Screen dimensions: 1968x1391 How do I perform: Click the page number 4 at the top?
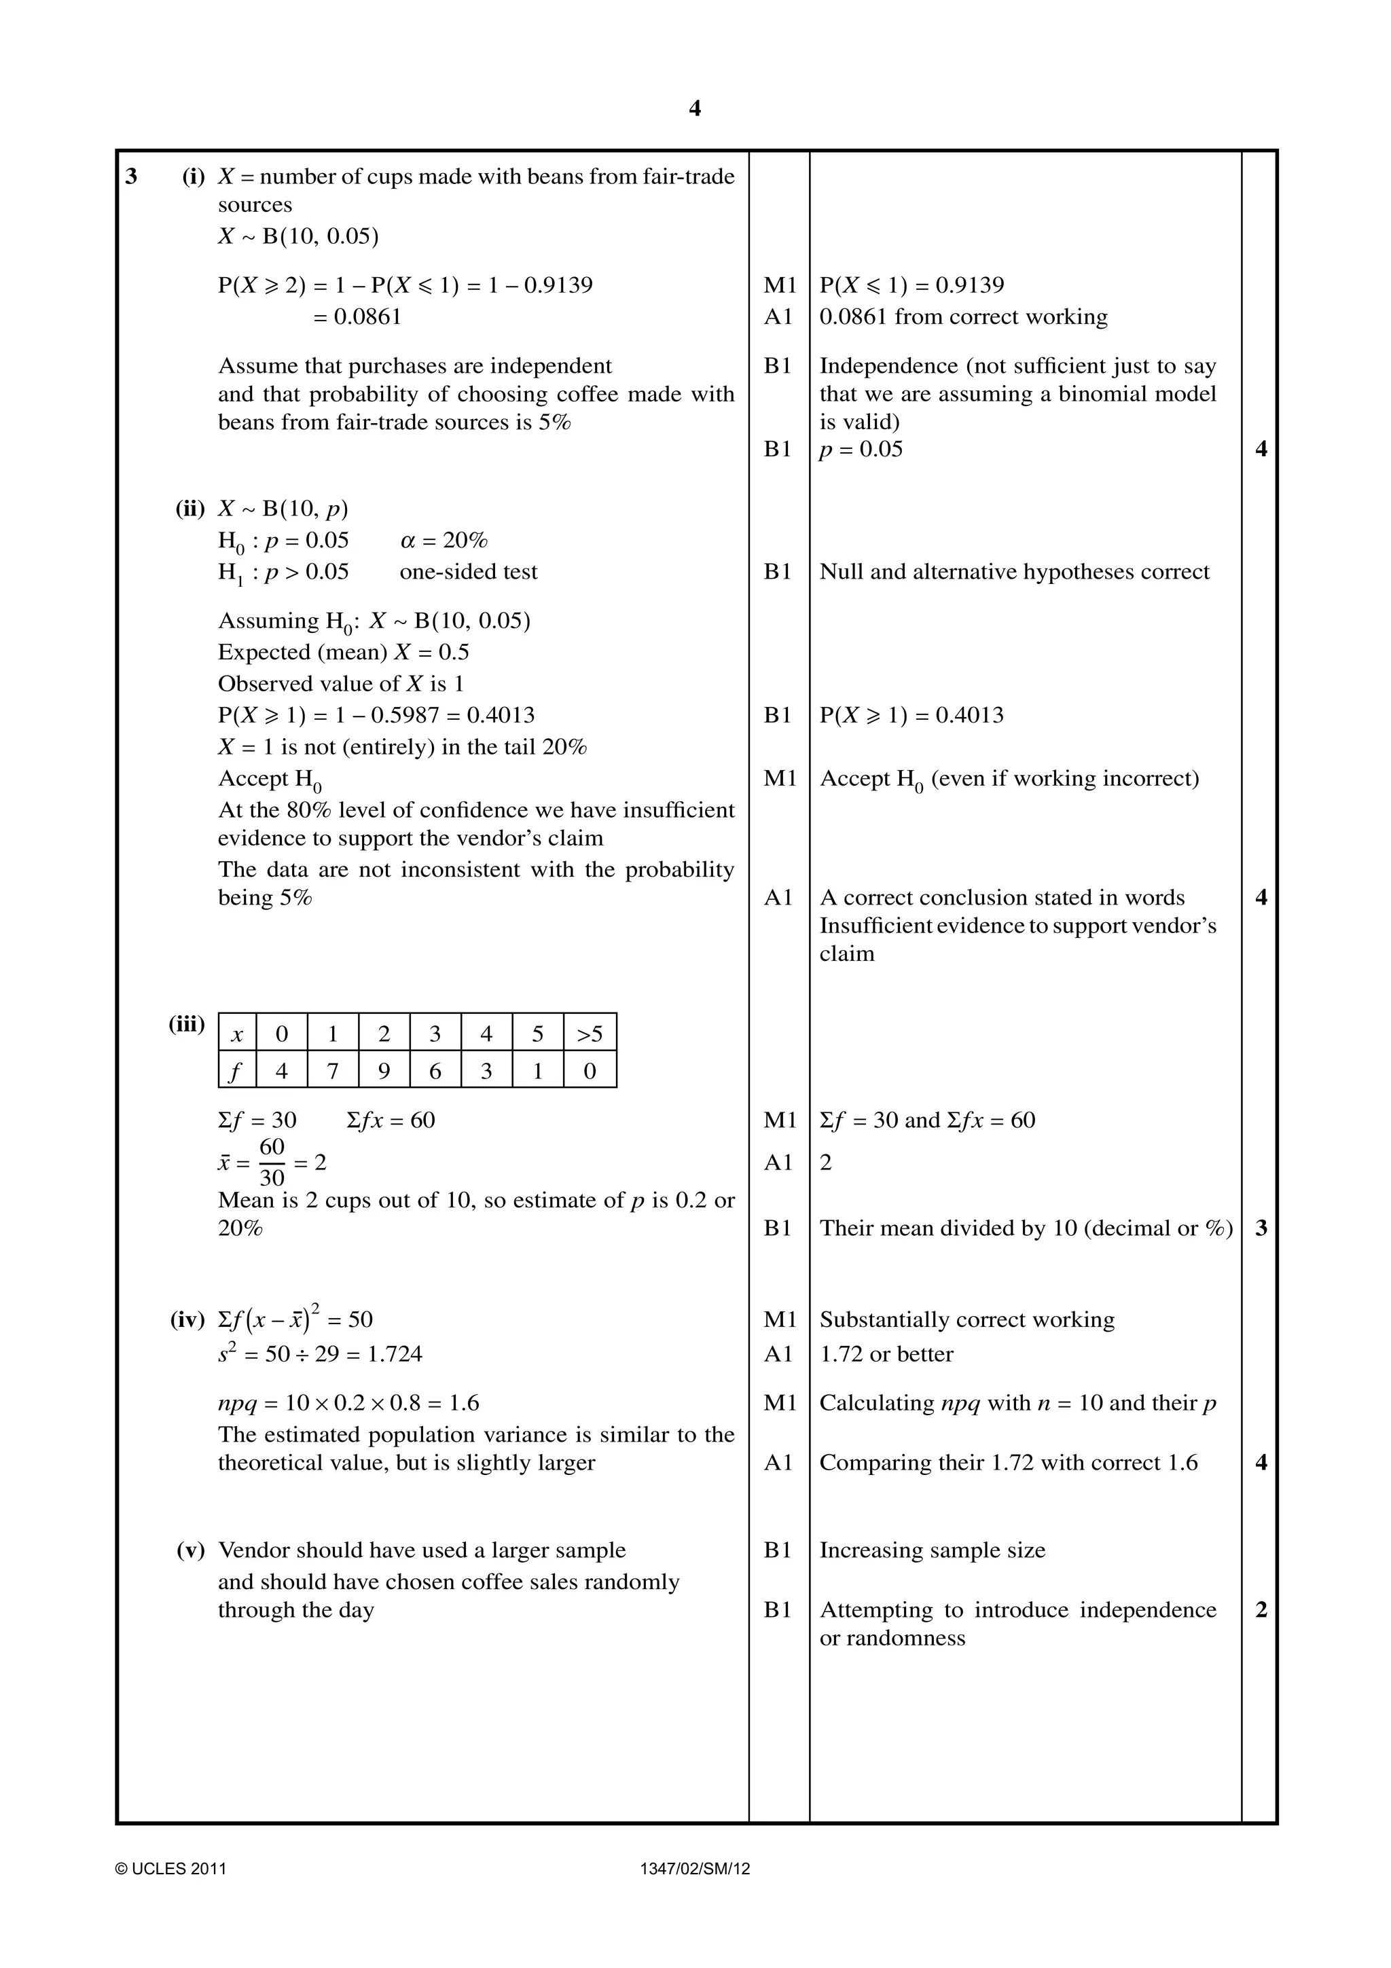coord(694,109)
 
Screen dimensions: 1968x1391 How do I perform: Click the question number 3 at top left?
coord(131,177)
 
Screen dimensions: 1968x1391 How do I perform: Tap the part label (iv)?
coord(187,1319)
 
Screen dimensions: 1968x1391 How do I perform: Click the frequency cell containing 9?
coord(383,1070)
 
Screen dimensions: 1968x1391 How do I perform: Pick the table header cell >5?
coord(589,1034)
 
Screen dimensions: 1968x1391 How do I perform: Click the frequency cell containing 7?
coord(333,1070)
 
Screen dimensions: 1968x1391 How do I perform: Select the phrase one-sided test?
coord(468,572)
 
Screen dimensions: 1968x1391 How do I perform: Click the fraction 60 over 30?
coord(272,1163)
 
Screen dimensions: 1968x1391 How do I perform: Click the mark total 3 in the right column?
coord(1261,1228)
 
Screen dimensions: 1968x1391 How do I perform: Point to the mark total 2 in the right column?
coord(1261,1609)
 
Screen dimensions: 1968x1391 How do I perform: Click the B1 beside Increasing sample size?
coord(778,1550)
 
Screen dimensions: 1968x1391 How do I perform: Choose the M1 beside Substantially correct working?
coord(780,1319)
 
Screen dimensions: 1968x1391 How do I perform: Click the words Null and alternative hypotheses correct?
coord(1014,572)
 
